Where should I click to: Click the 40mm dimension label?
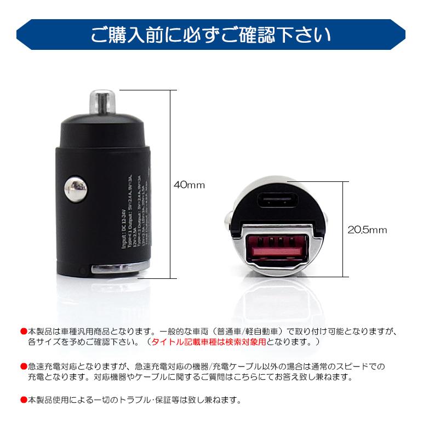(x=189, y=185)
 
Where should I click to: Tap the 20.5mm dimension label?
(x=367, y=230)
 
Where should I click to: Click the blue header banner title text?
(x=211, y=35)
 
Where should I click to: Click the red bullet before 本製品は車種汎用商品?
(x=23, y=331)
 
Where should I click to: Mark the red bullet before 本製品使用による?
(x=23, y=399)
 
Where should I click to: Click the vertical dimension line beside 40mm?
(x=172, y=185)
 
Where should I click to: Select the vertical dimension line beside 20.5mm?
(x=344, y=230)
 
